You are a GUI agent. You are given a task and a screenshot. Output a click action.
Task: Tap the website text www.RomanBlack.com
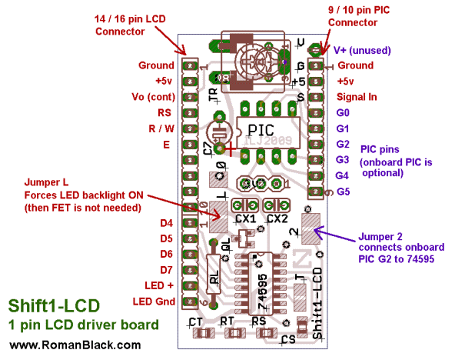[70, 345]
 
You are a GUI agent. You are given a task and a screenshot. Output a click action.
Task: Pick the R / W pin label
[161, 128]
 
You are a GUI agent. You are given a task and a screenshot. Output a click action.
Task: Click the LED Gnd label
[154, 300]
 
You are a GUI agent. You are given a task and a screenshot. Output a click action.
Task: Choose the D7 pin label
[165, 269]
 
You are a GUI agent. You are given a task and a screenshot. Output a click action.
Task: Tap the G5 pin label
[344, 191]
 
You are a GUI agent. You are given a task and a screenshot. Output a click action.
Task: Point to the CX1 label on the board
[246, 218]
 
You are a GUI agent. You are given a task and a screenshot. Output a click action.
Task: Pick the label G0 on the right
[344, 112]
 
